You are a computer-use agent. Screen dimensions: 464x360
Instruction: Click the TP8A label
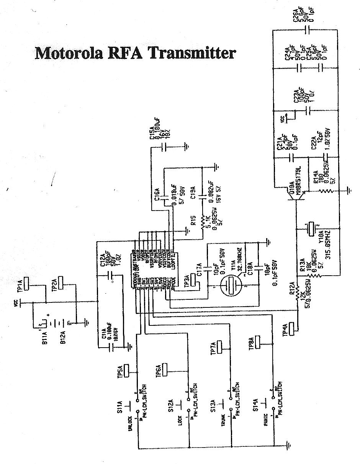pyautogui.click(x=251, y=343)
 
